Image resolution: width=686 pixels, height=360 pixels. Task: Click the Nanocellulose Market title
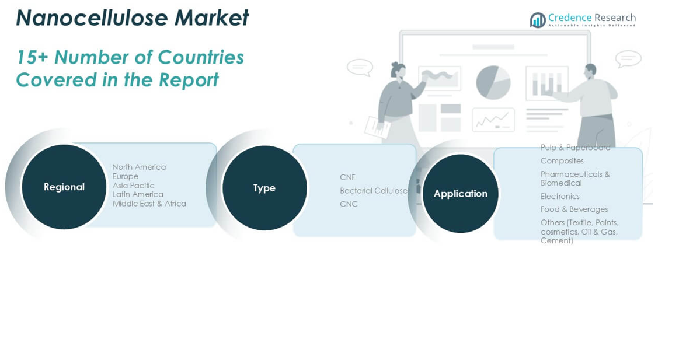click(132, 18)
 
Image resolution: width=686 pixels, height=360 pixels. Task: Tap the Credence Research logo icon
click(538, 20)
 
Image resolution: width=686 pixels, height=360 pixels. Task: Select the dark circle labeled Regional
click(64, 187)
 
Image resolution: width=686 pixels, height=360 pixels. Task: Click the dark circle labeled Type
click(264, 188)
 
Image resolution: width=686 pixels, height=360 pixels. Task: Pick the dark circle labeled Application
click(460, 194)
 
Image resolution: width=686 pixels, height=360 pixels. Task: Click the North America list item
click(139, 167)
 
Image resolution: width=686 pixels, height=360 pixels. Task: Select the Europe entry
click(126, 176)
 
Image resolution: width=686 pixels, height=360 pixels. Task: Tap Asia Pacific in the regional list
click(133, 186)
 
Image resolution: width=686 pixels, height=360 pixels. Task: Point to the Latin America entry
click(138, 194)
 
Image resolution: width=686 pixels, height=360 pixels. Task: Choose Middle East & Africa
click(149, 204)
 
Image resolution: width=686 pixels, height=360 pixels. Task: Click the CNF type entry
click(347, 177)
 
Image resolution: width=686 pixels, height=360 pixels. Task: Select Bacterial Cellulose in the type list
click(373, 191)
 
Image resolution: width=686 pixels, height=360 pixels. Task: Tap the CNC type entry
click(349, 204)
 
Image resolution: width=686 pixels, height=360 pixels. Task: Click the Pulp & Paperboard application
click(575, 148)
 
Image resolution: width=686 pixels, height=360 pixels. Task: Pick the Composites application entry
click(562, 161)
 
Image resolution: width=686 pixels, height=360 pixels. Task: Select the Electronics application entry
click(560, 197)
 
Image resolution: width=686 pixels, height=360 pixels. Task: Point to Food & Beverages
click(574, 209)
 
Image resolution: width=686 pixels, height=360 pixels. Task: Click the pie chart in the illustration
click(493, 82)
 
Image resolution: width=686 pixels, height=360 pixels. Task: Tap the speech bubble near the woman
click(360, 67)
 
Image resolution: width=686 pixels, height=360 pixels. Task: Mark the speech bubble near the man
click(628, 59)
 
